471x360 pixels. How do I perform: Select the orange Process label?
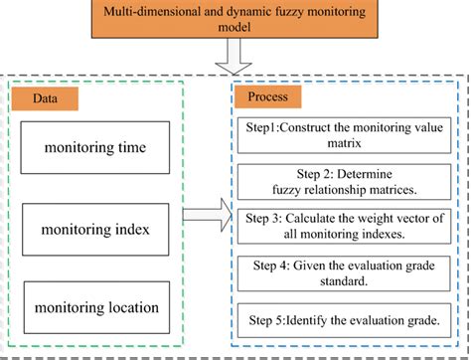pyautogui.click(x=268, y=100)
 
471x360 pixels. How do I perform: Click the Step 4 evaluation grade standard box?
pyautogui.click(x=342, y=271)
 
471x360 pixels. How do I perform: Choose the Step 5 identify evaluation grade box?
pyautogui.click(x=342, y=320)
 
